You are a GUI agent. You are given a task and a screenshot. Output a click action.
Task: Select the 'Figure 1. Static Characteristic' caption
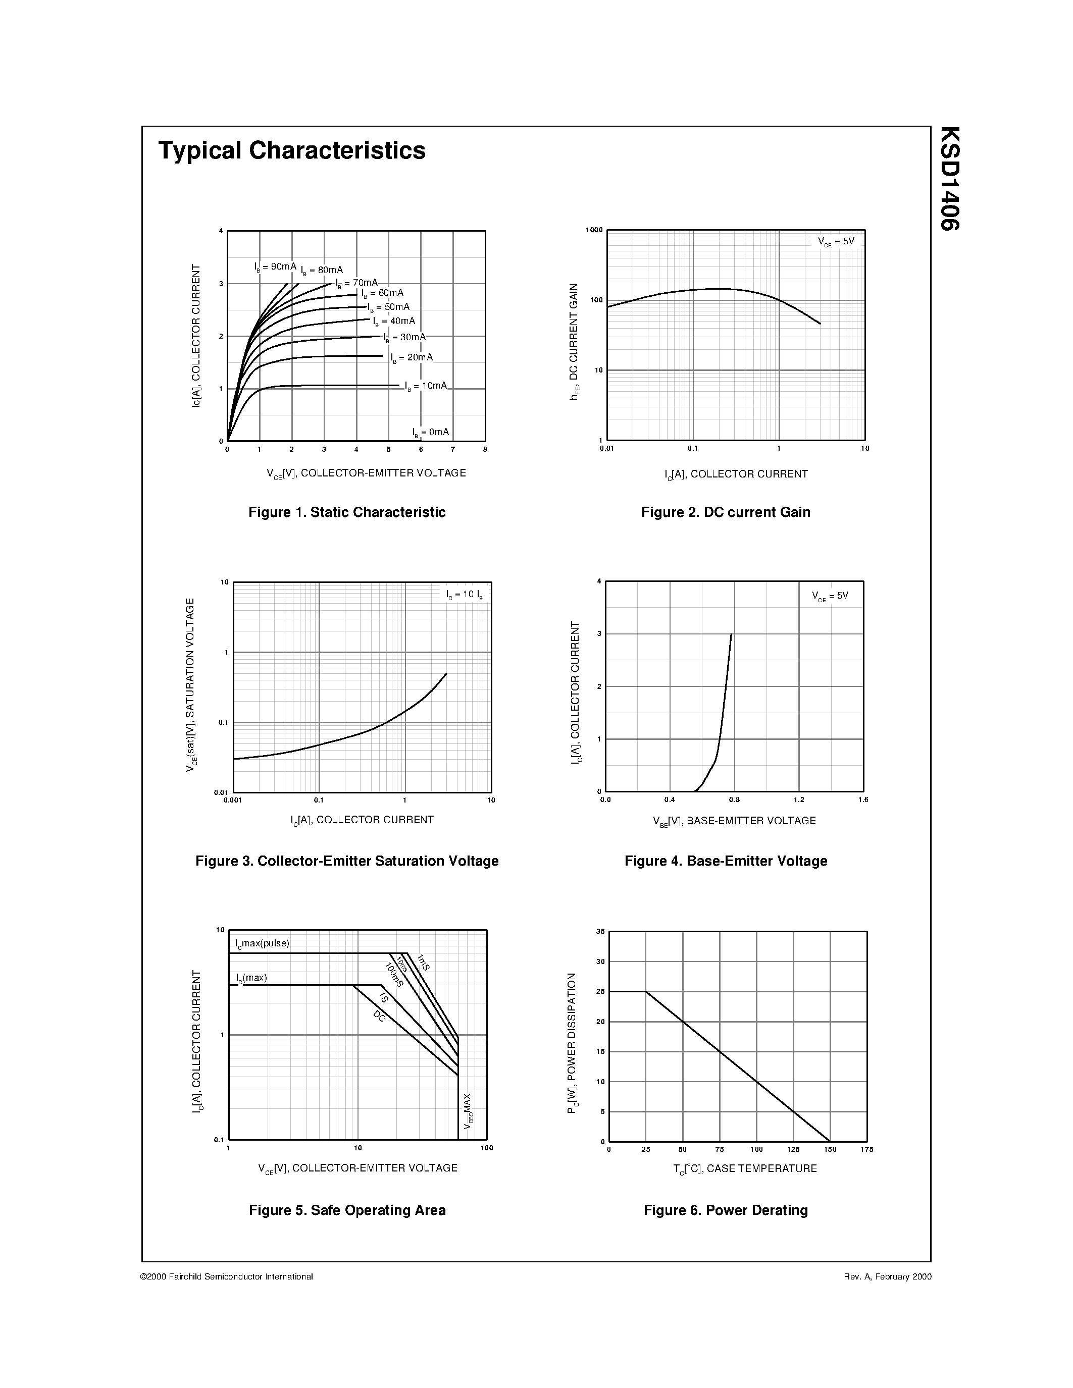(x=346, y=512)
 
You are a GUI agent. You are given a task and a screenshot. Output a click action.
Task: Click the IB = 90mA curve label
(x=275, y=267)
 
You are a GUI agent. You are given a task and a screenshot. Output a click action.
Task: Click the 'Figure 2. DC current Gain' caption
(x=725, y=512)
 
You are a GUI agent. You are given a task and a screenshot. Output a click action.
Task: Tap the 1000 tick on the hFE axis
(x=594, y=230)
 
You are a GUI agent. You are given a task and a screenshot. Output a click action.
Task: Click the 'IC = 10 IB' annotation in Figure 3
(x=464, y=595)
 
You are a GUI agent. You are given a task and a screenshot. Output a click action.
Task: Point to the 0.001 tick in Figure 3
(x=233, y=800)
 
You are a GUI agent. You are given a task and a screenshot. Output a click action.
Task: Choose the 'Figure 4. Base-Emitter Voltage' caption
(x=725, y=861)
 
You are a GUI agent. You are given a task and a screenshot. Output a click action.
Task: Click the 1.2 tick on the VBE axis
(x=798, y=800)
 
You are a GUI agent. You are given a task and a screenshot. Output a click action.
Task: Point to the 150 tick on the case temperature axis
(x=830, y=1149)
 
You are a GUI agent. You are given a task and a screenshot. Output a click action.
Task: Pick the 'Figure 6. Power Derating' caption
(x=725, y=1210)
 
